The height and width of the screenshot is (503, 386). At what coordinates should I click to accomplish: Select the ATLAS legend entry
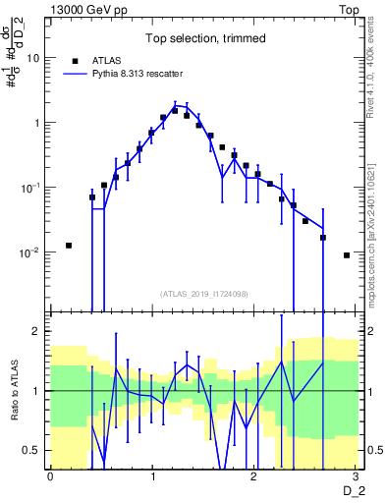point(108,60)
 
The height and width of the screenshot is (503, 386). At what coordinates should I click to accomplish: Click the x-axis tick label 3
point(356,475)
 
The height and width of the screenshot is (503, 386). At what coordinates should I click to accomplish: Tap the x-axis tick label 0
point(50,475)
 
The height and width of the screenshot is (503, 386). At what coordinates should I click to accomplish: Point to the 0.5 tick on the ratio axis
point(34,450)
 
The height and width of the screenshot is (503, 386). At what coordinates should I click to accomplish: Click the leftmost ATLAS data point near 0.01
point(69,246)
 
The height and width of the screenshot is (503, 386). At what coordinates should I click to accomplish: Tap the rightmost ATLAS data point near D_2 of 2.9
point(347,255)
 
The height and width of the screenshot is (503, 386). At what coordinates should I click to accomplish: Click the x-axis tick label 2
point(253,475)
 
